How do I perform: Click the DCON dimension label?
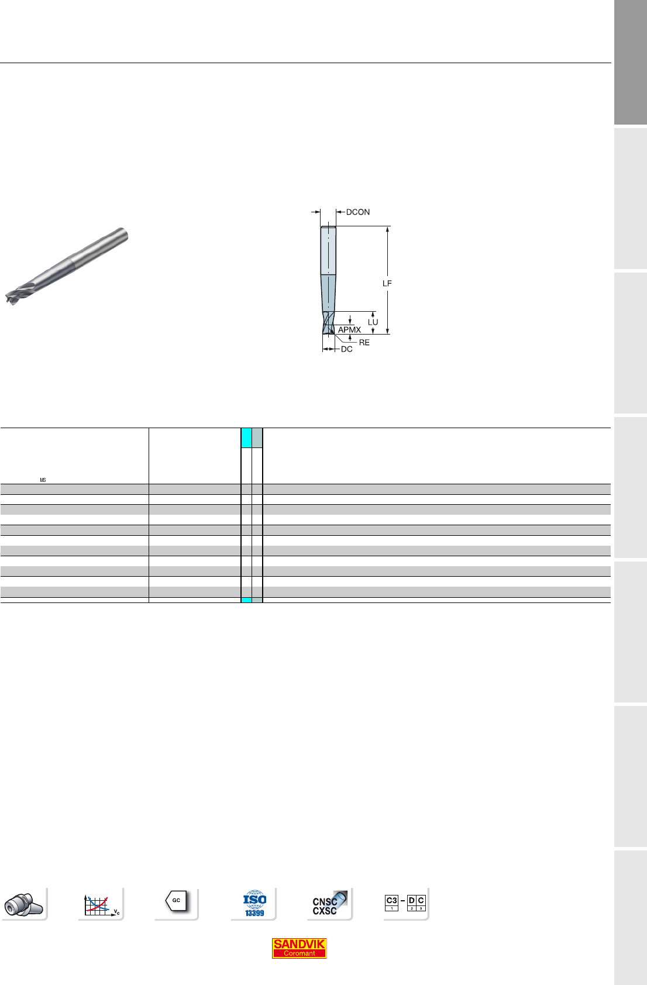357,212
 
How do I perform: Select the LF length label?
387,284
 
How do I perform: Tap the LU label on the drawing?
373,322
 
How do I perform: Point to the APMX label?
349,330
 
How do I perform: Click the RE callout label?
364,343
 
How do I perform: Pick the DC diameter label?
346,349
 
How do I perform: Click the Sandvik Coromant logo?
299,949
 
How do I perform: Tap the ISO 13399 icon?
254,904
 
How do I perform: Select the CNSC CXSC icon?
329,904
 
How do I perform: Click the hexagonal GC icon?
176,901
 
